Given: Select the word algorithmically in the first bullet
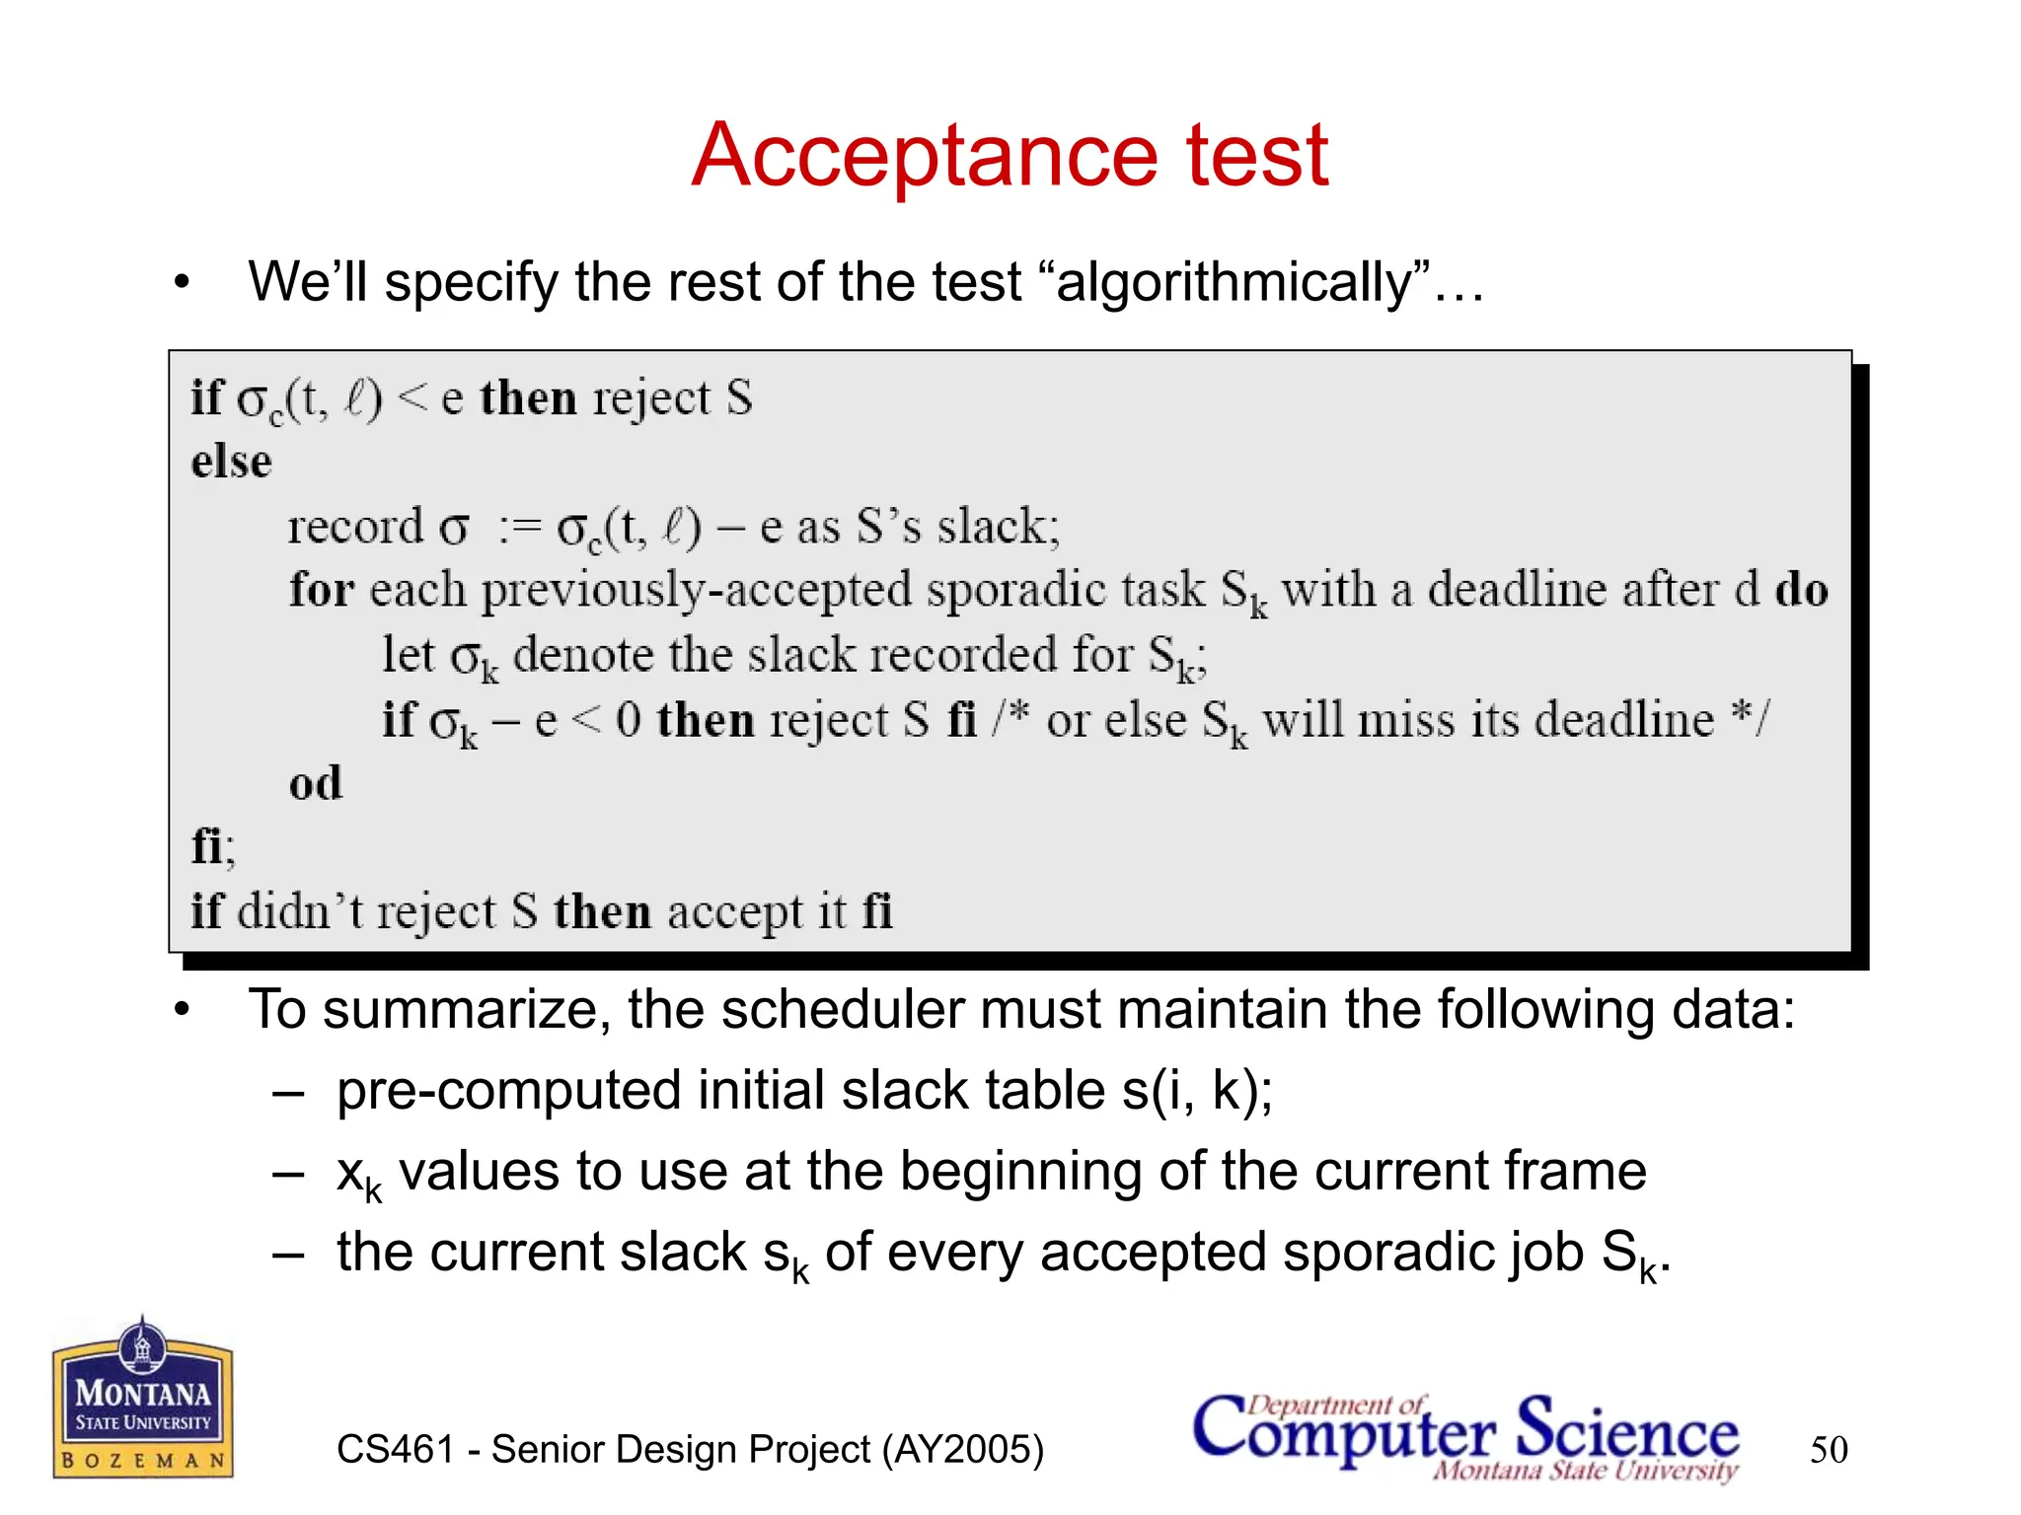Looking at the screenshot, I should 1235,283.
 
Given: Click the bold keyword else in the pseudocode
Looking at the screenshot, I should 231,462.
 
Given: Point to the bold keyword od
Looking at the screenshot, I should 315,784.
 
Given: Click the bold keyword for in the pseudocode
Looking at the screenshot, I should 321,590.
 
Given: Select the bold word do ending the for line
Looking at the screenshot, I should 1801,590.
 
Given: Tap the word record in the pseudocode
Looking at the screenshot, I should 355,527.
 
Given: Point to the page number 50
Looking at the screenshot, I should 1829,1450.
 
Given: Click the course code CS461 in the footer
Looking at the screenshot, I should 395,1450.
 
